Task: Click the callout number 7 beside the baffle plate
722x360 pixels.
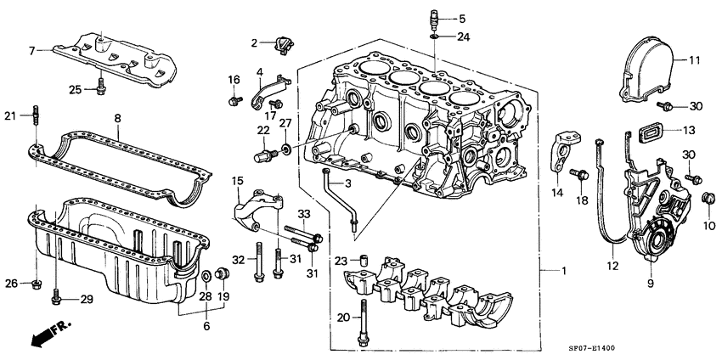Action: [32, 51]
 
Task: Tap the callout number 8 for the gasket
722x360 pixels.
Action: [118, 120]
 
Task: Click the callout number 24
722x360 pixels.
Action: [462, 37]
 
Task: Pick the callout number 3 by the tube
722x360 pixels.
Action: [347, 183]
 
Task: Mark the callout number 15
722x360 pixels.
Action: [238, 180]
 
